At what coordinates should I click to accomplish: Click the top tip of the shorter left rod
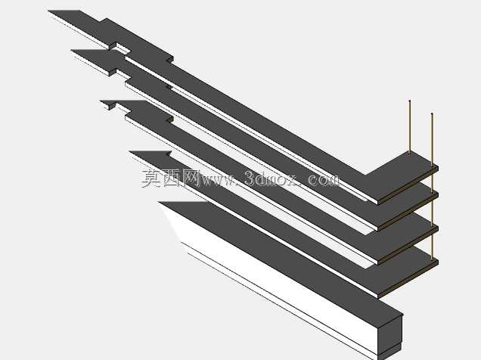click(x=410, y=101)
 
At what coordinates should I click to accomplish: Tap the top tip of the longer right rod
click(x=432, y=113)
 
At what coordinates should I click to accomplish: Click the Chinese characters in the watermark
click(x=170, y=178)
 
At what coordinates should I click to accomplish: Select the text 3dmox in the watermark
click(x=272, y=178)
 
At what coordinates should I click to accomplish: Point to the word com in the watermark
click(x=324, y=180)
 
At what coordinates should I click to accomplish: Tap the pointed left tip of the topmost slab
click(x=49, y=11)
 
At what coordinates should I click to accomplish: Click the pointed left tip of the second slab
click(x=73, y=51)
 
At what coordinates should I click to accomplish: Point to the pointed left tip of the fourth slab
click(x=131, y=151)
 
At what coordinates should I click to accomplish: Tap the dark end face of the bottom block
click(x=390, y=336)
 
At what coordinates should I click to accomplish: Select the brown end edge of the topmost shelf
click(x=408, y=186)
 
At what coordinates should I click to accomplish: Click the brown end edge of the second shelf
click(x=408, y=213)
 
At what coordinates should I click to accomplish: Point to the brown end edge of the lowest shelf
click(x=408, y=280)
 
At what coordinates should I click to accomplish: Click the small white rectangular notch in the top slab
click(x=123, y=48)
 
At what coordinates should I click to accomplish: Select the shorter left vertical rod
click(x=410, y=126)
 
